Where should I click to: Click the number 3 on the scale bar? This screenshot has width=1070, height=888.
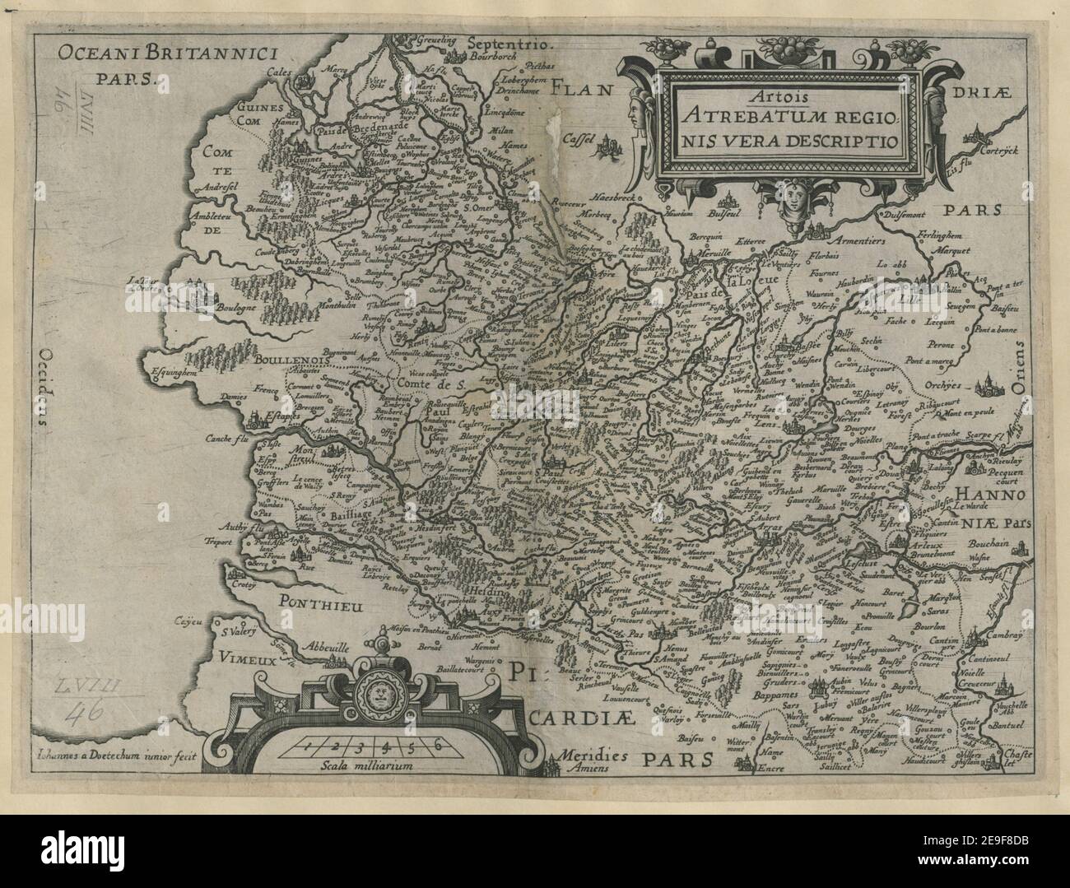click(359, 746)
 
